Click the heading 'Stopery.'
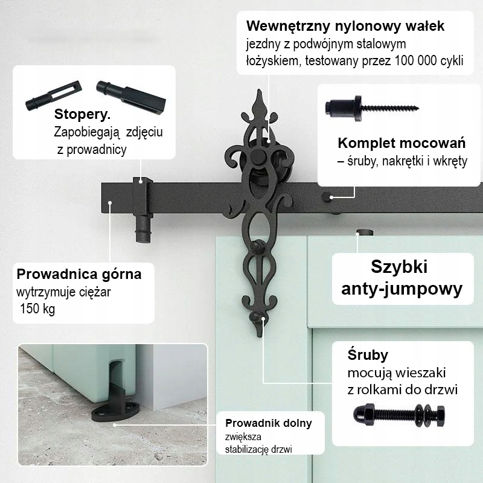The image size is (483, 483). [83, 115]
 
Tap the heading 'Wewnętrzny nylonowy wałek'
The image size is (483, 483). [345, 27]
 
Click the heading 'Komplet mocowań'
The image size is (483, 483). [401, 144]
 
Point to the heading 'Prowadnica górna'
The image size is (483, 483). [79, 274]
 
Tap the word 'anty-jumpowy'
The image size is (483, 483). [402, 289]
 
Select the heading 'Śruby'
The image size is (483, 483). [368, 354]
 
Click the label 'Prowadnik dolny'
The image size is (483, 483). [269, 423]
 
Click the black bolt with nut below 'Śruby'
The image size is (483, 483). [399, 415]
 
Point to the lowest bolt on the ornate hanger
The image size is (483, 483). [260, 318]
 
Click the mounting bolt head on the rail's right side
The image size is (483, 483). [327, 196]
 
